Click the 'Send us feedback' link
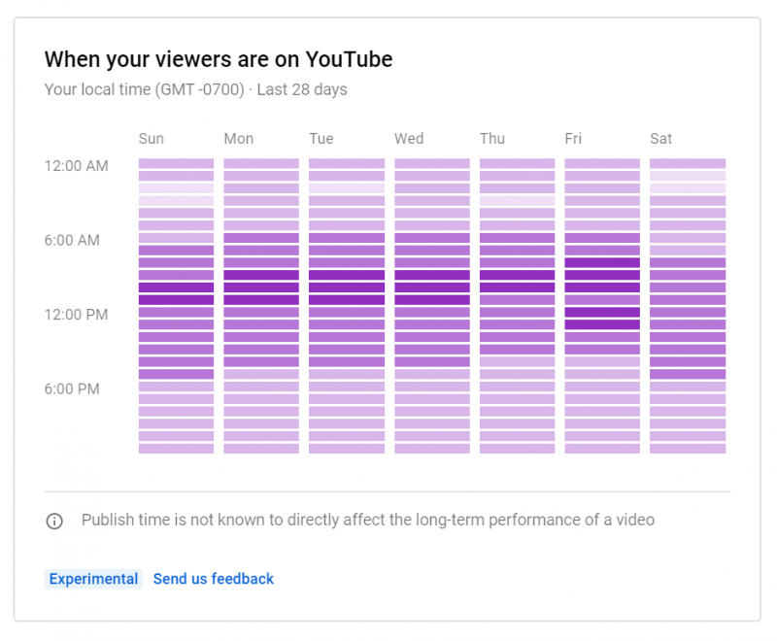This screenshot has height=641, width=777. click(214, 579)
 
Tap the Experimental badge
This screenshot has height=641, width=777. click(93, 579)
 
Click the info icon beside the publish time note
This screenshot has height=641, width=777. click(54, 521)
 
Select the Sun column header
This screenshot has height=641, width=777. click(151, 139)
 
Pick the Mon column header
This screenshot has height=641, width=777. click(238, 139)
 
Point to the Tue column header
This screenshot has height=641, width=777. click(321, 139)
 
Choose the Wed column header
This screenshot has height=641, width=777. click(409, 139)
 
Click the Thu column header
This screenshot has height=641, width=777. click(492, 139)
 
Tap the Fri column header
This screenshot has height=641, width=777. click(573, 139)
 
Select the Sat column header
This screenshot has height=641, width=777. click(661, 139)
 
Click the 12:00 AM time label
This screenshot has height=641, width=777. click(76, 166)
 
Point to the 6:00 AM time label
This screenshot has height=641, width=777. click(72, 240)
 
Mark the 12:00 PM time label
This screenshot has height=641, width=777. click(76, 315)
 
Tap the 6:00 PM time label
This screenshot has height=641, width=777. click(72, 388)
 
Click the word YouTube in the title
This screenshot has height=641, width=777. click(349, 59)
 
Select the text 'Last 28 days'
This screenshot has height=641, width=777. click(302, 90)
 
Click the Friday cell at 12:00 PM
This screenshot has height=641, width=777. click(602, 313)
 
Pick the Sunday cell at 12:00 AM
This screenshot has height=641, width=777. click(176, 164)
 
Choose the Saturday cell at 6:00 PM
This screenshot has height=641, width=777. click(687, 387)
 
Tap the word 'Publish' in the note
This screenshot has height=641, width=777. click(108, 520)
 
